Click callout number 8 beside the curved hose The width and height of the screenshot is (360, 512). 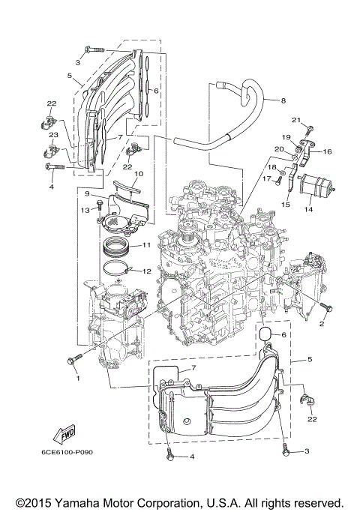[x=283, y=100]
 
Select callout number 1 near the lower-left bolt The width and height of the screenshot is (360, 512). [x=76, y=378]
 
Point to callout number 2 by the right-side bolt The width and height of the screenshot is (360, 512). [x=322, y=324]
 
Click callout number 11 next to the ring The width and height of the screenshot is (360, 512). [x=146, y=245]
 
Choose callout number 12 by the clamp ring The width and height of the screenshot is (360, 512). [x=147, y=271]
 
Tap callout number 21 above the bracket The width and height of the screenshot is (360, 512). [x=295, y=120]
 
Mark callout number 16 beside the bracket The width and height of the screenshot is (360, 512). [x=328, y=151]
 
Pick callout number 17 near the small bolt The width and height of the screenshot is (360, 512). [x=266, y=178]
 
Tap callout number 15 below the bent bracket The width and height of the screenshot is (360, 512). [x=286, y=204]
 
